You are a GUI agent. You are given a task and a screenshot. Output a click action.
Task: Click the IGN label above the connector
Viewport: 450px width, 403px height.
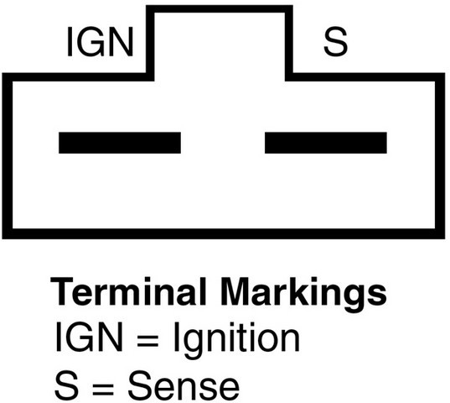(101, 42)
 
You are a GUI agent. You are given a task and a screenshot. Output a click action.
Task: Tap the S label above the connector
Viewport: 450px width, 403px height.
(335, 42)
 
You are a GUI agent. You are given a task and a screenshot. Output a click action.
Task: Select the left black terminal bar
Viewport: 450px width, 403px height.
(120, 143)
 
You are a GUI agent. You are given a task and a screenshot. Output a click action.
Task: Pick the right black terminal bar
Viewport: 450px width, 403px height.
(326, 143)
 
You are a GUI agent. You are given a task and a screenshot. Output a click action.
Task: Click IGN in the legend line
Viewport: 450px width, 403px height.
(90, 337)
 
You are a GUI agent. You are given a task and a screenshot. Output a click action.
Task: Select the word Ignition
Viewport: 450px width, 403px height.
(237, 340)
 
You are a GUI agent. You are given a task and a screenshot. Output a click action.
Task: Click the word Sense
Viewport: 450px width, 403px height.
(184, 385)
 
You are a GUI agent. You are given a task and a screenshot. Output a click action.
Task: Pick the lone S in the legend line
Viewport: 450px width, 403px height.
(66, 385)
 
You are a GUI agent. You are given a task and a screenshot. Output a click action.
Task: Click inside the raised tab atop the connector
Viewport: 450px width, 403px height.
(220, 43)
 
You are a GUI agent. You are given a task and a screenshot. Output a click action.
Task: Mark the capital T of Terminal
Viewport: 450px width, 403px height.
(62, 291)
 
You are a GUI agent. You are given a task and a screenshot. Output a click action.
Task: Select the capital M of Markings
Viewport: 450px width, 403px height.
(235, 291)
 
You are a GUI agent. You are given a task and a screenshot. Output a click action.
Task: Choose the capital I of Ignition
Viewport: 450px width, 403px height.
(176, 337)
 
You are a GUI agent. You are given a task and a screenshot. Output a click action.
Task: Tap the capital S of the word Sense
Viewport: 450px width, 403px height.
(140, 385)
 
